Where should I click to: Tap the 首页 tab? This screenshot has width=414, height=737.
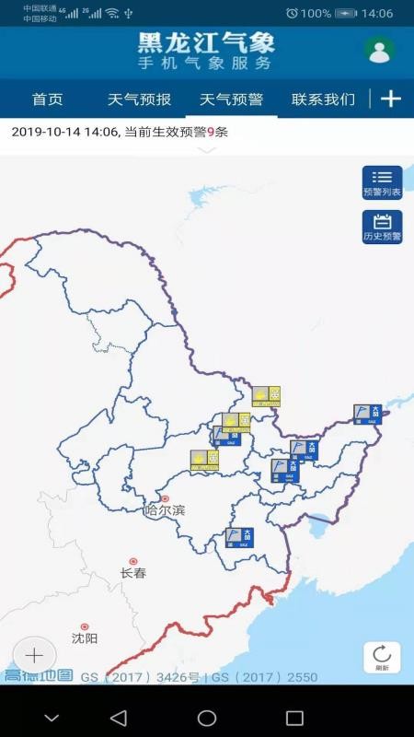pyautogui.click(x=47, y=99)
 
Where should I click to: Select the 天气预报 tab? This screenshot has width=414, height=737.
pyautogui.click(x=139, y=99)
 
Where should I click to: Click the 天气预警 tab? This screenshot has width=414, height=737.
pyautogui.click(x=231, y=99)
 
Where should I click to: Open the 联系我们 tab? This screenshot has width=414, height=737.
pyautogui.click(x=323, y=99)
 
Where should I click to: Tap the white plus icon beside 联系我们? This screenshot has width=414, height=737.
pyautogui.click(x=391, y=99)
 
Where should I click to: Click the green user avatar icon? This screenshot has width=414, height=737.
pyautogui.click(x=379, y=51)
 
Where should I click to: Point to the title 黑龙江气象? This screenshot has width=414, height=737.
pyautogui.click(x=206, y=43)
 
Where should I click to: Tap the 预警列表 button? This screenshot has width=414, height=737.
pyautogui.click(x=382, y=182)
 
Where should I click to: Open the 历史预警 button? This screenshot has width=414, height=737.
pyautogui.click(x=382, y=227)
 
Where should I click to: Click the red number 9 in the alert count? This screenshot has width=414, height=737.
pyautogui.click(x=211, y=132)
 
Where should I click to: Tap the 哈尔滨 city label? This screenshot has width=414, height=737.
pyautogui.click(x=165, y=509)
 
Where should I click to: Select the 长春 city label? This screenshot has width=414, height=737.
pyautogui.click(x=133, y=572)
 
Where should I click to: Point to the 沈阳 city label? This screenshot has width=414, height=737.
pyautogui.click(x=85, y=638)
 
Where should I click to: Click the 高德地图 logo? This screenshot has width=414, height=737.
pyautogui.click(x=38, y=676)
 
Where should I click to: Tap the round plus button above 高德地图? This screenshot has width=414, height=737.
pyautogui.click(x=34, y=655)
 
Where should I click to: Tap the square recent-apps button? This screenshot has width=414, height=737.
pyautogui.click(x=294, y=718)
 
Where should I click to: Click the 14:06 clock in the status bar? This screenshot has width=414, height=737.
pyautogui.click(x=377, y=14)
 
